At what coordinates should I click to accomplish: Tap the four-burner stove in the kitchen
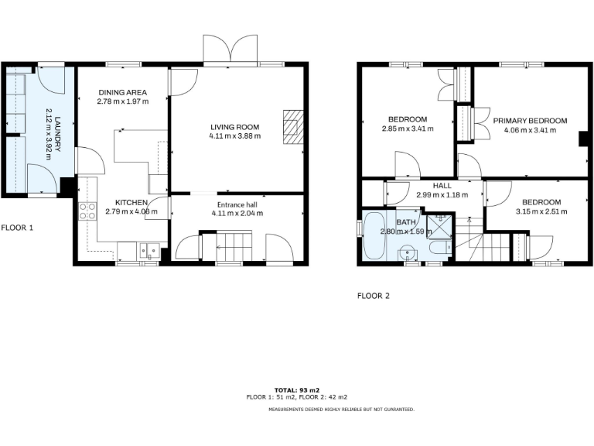point(87,211)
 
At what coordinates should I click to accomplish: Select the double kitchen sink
point(149,251)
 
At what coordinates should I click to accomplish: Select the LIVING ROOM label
point(235,127)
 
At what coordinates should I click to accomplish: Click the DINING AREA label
point(122,92)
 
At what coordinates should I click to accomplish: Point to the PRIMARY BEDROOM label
point(531,121)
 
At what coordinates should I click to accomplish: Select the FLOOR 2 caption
point(374,295)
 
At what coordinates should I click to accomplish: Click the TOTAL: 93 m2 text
point(297,389)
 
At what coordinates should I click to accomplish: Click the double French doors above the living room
point(230,49)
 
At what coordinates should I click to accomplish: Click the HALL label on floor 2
point(442,186)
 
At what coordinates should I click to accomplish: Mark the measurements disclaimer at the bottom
point(341,409)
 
